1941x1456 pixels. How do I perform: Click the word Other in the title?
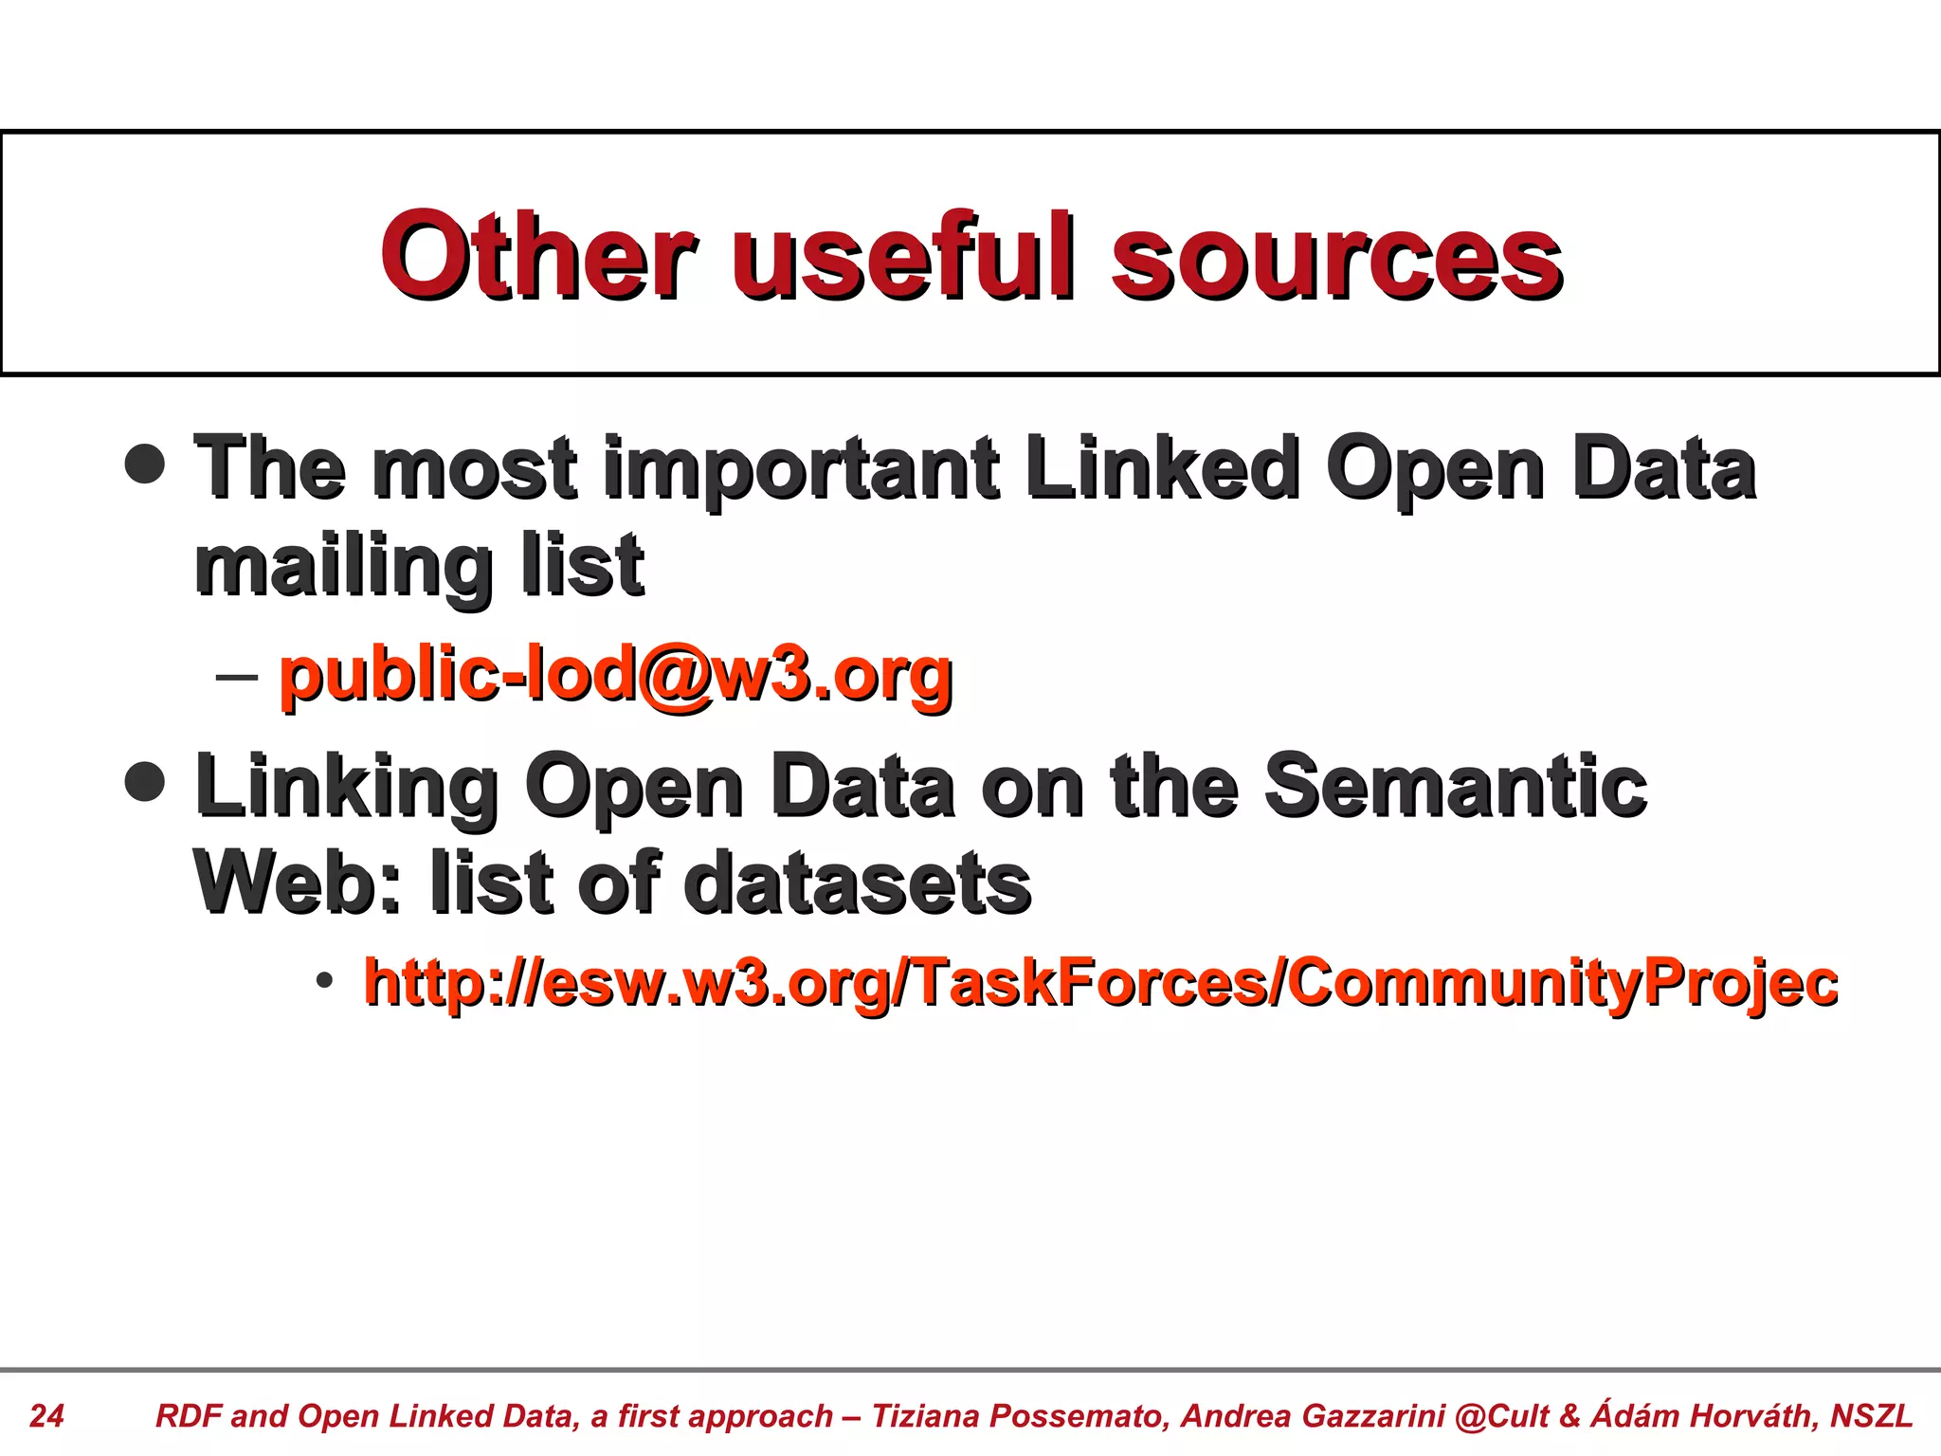coord(536,254)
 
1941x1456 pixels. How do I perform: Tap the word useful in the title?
coord(904,254)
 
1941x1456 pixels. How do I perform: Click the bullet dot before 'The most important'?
coord(145,464)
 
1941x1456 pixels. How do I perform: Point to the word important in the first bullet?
coord(801,470)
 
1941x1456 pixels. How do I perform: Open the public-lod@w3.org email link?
coord(616,675)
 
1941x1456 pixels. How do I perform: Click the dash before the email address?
coord(237,676)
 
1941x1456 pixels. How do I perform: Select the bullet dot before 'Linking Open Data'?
coord(145,782)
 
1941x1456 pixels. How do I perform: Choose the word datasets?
coord(857,882)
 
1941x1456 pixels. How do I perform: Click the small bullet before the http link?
coord(325,980)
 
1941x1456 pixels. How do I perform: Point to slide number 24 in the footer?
coord(46,1415)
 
